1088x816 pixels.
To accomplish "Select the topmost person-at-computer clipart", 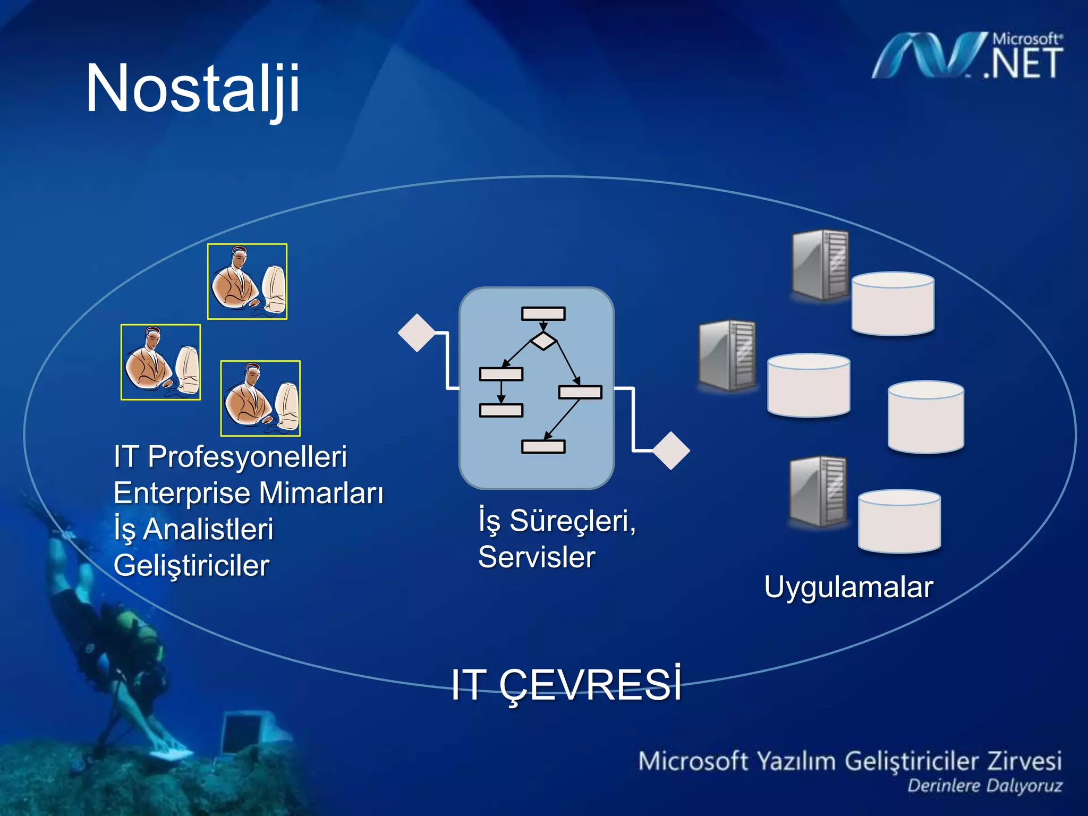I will coord(247,282).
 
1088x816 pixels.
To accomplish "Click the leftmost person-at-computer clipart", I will coord(160,362).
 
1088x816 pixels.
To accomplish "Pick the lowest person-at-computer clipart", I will coord(260,398).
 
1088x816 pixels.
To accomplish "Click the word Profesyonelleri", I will coord(247,457).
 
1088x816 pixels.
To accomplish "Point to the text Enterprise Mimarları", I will coord(248,493).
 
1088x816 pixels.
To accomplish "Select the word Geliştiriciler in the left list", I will coord(191,565).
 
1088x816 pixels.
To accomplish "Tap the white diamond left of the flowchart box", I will coord(417,333).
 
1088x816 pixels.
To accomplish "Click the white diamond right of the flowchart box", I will coord(671,450).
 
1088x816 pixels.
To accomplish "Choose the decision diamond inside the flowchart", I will coord(543,341).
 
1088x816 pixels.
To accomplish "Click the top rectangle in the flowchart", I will coord(543,313).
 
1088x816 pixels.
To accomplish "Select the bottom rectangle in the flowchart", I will coord(543,446).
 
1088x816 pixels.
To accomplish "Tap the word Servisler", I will coord(537,557).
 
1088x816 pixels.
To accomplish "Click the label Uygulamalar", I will coord(848,587).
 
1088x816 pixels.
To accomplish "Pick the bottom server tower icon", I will coord(818,491).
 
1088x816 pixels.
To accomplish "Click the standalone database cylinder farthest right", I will coord(925,417).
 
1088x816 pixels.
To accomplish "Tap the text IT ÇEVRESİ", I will coord(566,685).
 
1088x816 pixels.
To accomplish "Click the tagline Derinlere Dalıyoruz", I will coord(984,786).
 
